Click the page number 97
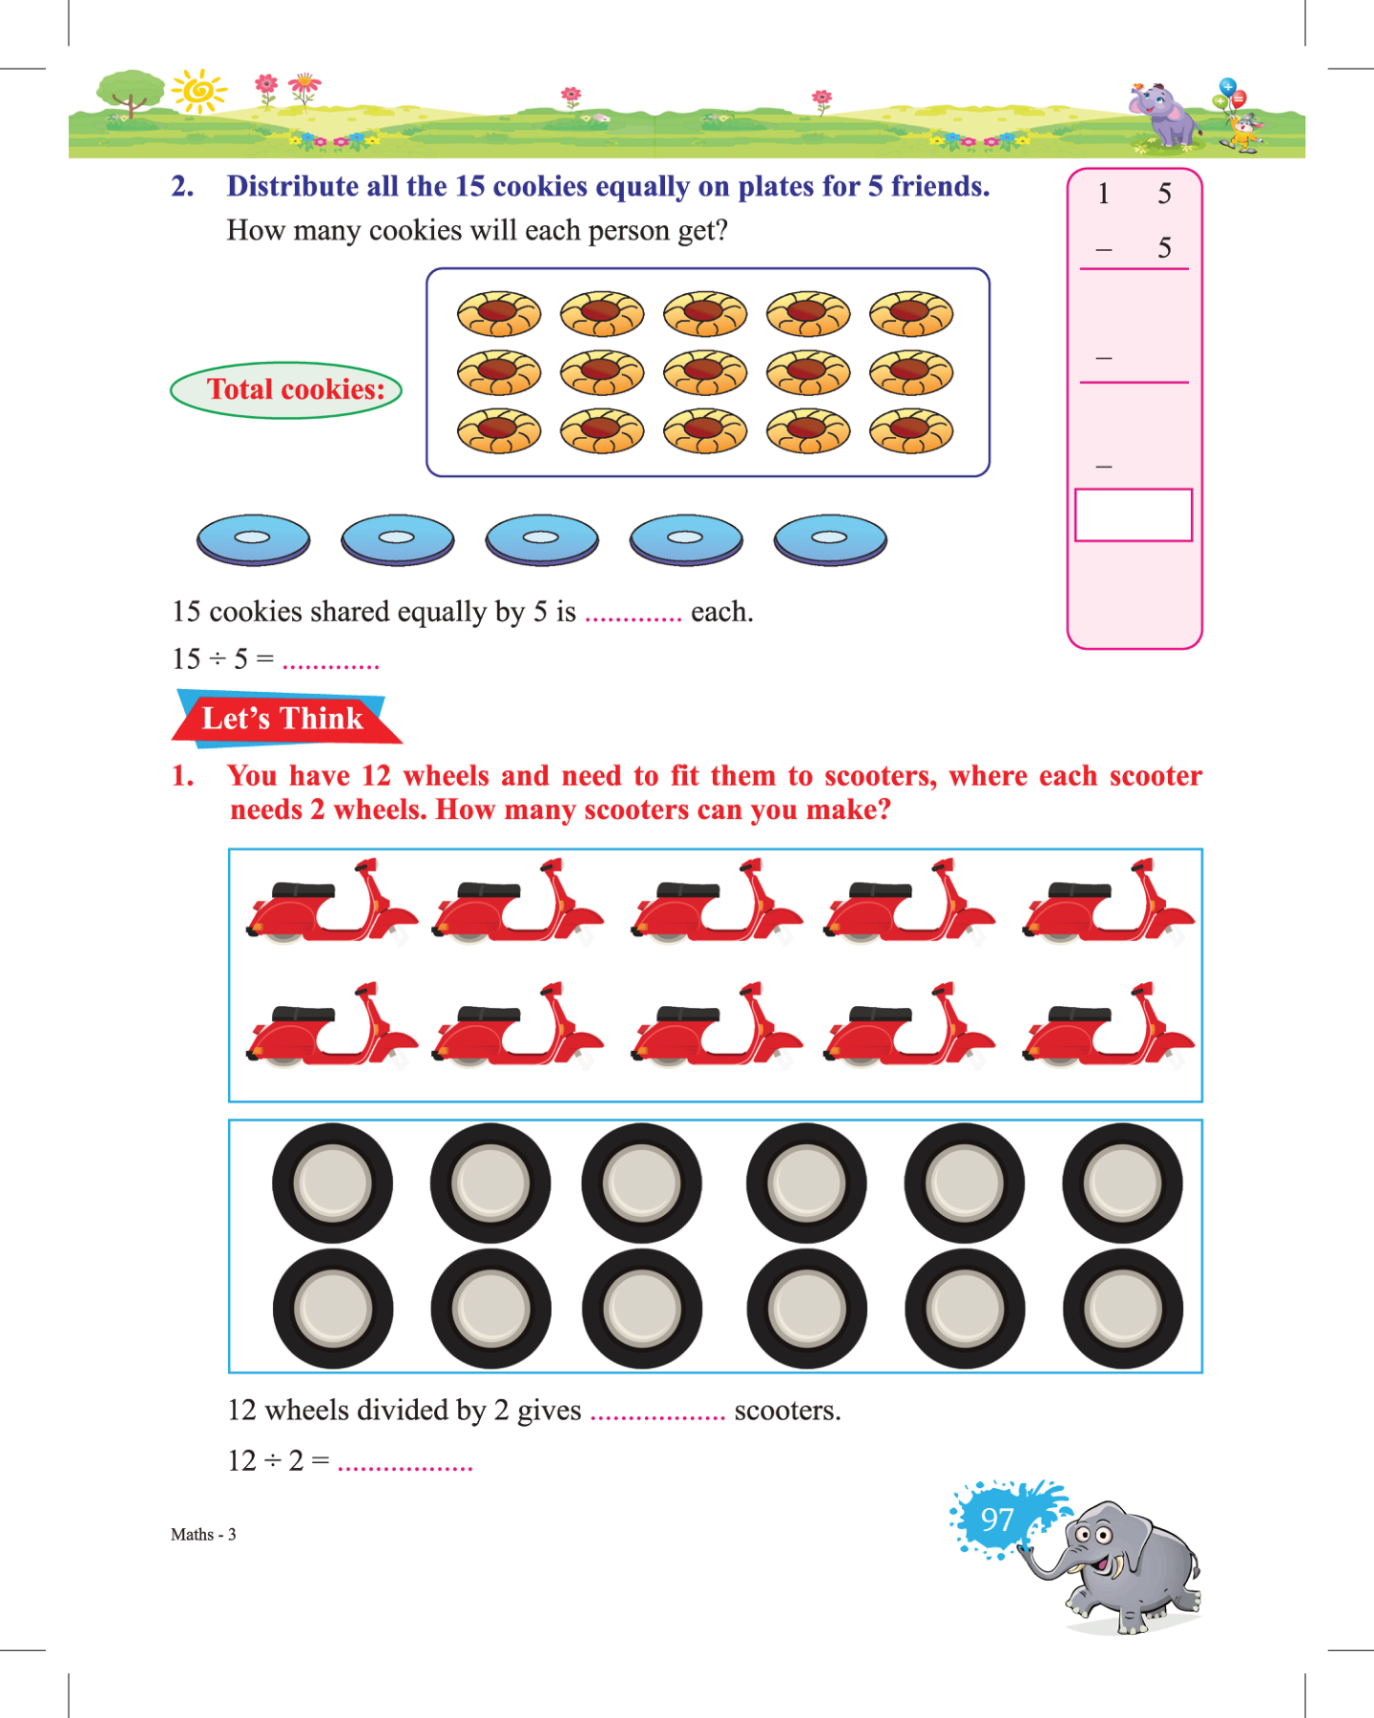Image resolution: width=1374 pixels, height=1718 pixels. [x=997, y=1519]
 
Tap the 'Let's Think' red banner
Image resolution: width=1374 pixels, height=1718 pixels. [x=283, y=719]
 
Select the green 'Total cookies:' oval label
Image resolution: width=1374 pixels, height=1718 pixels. [x=286, y=389]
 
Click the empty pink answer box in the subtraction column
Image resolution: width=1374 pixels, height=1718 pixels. [x=1134, y=515]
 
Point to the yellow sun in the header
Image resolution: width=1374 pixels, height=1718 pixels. [x=199, y=92]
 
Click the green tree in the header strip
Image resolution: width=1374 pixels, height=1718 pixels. [x=131, y=92]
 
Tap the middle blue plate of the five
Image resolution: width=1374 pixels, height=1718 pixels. [x=542, y=539]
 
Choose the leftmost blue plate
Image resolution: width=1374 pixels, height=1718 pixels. [x=253, y=539]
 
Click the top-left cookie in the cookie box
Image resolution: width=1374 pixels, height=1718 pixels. [x=499, y=313]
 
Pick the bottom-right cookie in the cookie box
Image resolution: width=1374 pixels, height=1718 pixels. [x=911, y=431]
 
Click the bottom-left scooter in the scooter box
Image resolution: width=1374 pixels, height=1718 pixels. [x=331, y=1026]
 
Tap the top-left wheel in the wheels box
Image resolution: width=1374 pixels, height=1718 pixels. [x=332, y=1184]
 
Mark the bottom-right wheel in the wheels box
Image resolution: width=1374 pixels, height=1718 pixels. [x=1123, y=1309]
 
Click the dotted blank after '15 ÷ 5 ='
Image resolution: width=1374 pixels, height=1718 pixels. [x=331, y=662]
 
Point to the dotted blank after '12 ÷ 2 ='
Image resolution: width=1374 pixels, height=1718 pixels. [x=405, y=1464]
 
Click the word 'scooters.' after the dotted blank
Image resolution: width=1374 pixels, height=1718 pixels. [x=787, y=1411]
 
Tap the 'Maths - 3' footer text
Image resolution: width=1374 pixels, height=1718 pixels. [x=203, y=1535]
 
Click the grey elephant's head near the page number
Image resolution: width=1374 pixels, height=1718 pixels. [x=1097, y=1538]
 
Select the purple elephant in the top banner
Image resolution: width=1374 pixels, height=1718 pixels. [x=1166, y=115]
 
